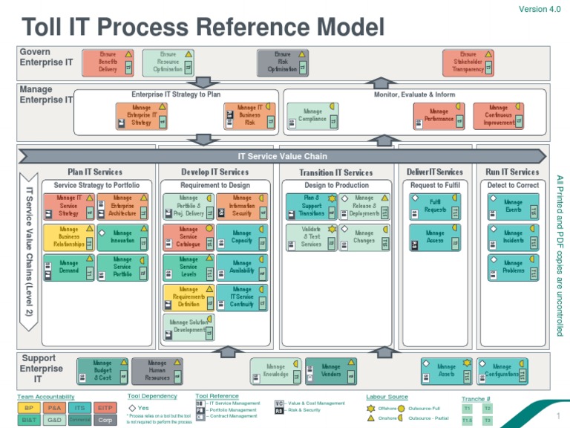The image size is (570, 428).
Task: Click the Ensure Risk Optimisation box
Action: (x=282, y=62)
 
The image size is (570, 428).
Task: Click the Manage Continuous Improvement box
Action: (x=499, y=116)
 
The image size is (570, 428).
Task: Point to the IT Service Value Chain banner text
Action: (x=282, y=157)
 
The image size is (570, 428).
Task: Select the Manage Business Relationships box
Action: (x=68, y=237)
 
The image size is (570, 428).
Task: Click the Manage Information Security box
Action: (x=241, y=206)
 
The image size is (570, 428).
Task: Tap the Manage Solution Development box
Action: (x=189, y=327)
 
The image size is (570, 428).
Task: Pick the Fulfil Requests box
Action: (x=435, y=206)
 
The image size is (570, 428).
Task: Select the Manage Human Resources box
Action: (x=157, y=371)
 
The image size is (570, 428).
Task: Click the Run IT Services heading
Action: (x=512, y=172)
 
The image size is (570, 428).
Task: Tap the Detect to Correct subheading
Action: (x=513, y=185)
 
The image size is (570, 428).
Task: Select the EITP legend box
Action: (x=105, y=408)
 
